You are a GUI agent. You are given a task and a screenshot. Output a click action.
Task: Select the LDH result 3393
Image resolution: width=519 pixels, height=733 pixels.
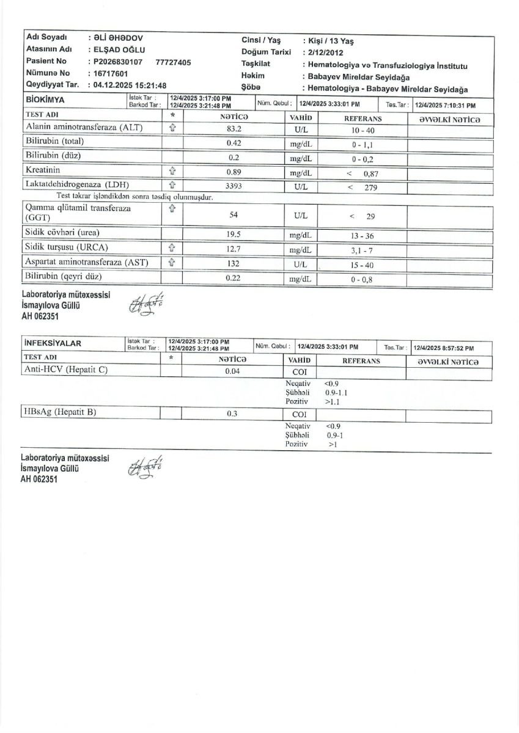[235, 185]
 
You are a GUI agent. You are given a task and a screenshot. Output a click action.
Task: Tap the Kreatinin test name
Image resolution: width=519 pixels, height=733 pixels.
[43, 170]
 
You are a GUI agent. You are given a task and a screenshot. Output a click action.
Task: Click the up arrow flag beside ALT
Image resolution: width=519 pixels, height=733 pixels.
[172, 128]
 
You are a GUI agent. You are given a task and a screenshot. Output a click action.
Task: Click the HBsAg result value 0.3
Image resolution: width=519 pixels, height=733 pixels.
[232, 414]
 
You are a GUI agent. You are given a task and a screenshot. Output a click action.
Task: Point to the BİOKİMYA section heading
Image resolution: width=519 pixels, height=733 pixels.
[46, 99]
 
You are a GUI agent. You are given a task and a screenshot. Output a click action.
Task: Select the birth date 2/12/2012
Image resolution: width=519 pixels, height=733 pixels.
[327, 53]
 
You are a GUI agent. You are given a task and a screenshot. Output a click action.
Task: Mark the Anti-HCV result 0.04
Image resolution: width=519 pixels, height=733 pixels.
[232, 371]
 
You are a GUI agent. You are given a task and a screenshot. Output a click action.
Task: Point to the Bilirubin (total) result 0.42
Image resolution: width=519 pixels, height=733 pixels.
[233, 144]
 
